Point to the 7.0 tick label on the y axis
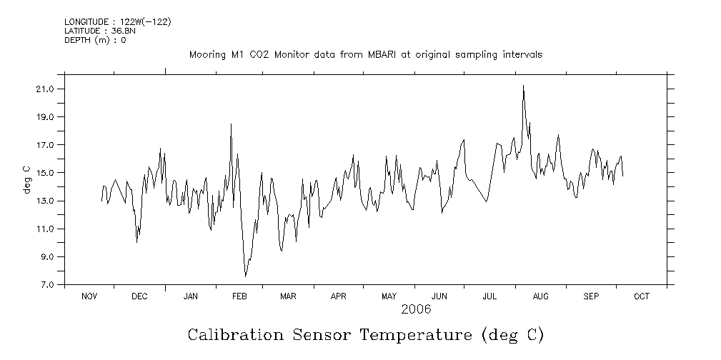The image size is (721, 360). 48,285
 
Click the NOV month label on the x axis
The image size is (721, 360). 89,296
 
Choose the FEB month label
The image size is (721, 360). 239,296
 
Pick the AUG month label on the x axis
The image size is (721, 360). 541,296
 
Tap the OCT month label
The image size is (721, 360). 641,296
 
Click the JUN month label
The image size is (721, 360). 439,296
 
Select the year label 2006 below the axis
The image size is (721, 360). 415,309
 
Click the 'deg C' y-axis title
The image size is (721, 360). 26,179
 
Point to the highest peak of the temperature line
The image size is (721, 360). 523,86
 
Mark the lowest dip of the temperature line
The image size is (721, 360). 245,276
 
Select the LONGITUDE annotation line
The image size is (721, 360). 117,21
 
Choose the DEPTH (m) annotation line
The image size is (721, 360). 95,40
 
